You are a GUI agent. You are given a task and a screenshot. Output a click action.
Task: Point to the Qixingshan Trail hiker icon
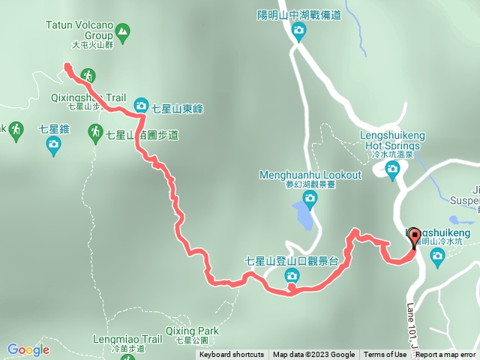[88, 75]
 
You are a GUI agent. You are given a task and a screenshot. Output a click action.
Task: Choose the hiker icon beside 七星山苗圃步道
[95, 133]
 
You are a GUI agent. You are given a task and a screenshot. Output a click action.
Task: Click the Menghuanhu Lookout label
[310, 175]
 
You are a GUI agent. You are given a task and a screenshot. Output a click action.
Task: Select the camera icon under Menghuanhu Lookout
[310, 197]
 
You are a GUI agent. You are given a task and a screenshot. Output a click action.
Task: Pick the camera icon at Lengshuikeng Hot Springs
[392, 169]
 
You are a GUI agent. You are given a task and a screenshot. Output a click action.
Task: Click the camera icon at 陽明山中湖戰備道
[298, 31]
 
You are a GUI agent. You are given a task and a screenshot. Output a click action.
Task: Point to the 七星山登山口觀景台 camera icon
[291, 277]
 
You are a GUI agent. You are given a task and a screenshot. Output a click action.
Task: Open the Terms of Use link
[385, 355]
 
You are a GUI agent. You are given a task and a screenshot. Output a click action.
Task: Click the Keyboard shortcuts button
[232, 355]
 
